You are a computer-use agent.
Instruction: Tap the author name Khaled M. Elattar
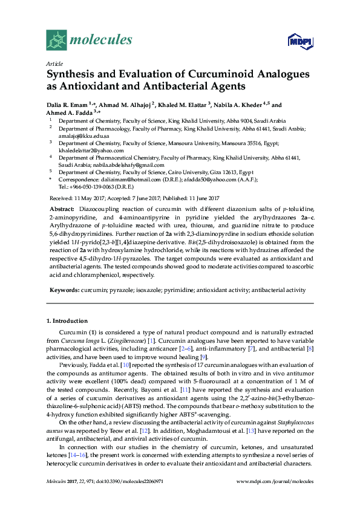182,104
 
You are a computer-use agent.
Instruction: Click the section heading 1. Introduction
67,320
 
